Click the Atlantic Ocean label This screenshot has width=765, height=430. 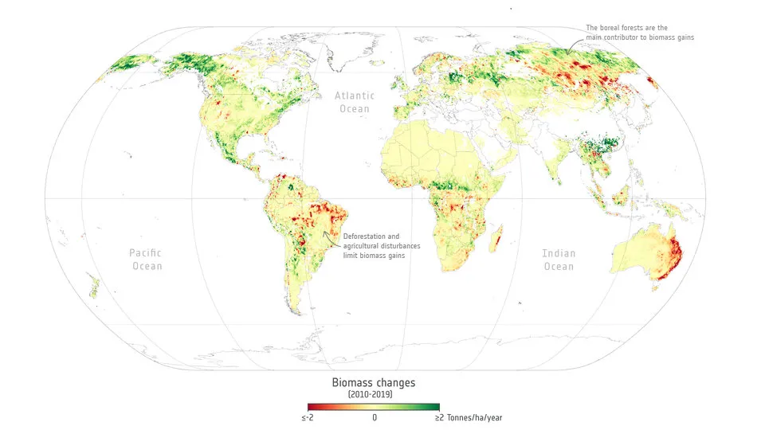coord(355,102)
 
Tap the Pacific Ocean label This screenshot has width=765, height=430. coord(146,260)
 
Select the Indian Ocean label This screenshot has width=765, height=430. coord(558,260)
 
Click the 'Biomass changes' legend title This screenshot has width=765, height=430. coord(374,382)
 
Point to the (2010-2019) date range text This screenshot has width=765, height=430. coord(370,394)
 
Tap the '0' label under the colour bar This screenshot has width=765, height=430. coord(375,417)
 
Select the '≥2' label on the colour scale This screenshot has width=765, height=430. coord(439,417)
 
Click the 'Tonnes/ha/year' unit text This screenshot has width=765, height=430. coord(476,417)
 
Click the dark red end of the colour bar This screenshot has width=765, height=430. coord(312,406)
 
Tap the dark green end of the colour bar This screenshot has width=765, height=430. coord(437,406)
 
